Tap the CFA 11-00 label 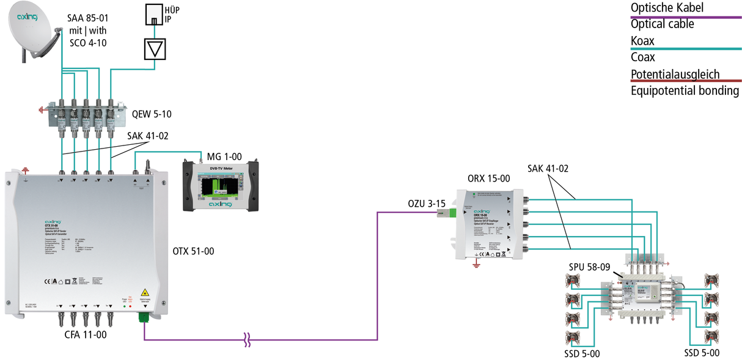point(86,334)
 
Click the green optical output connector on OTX point(145,317)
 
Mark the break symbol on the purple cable point(247,340)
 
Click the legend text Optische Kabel point(667,8)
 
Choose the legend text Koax point(642,41)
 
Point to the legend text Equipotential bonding point(685,90)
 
